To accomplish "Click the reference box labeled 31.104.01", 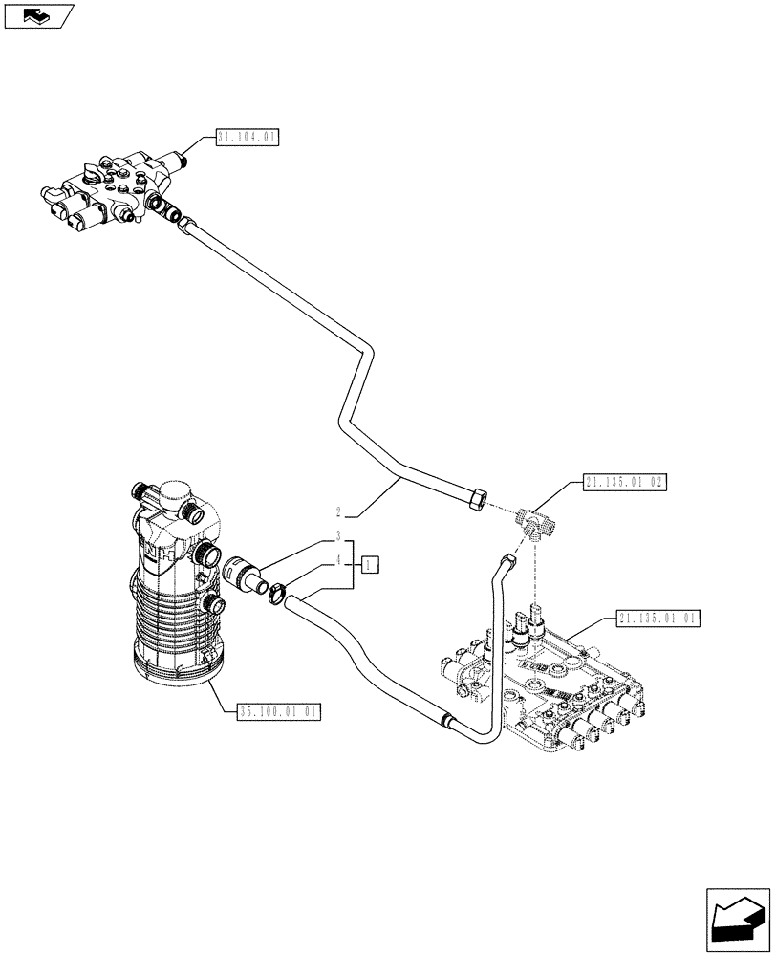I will (x=247, y=138).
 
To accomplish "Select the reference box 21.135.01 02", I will (x=621, y=483).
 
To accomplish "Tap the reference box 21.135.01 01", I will (x=658, y=619).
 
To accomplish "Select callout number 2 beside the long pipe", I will (x=338, y=511).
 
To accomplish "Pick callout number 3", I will (x=338, y=536).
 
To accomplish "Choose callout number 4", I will (x=338, y=564).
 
